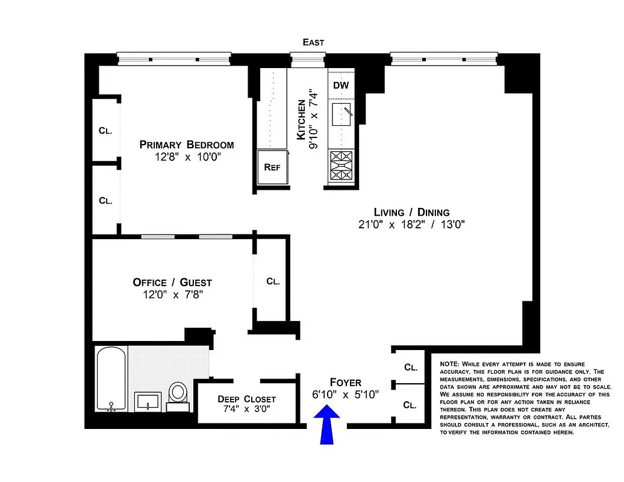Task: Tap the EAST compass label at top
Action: (313, 42)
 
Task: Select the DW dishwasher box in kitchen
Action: (341, 86)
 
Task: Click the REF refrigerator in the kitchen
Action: (272, 167)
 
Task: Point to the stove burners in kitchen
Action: (341, 167)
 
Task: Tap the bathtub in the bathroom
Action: (111, 379)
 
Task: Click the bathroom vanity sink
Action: (148, 401)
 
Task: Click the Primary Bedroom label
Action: (187, 145)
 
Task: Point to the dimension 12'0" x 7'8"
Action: (172, 295)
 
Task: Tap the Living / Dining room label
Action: (411, 212)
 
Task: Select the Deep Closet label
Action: (238, 399)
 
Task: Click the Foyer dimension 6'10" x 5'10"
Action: (346, 395)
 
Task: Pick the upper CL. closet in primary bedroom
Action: (105, 130)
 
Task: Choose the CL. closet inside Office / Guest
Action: (273, 281)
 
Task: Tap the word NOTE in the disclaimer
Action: (449, 365)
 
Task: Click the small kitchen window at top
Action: (307, 58)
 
